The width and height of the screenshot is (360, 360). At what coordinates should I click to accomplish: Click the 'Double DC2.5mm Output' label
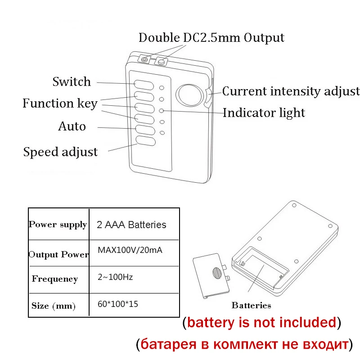pyautogui.click(x=211, y=38)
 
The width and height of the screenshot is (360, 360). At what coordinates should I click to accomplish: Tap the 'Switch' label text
pyautogui.click(x=72, y=82)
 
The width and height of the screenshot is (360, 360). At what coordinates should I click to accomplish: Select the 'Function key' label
pyautogui.click(x=60, y=103)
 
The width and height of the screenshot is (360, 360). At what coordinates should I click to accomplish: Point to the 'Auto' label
pyautogui.click(x=72, y=126)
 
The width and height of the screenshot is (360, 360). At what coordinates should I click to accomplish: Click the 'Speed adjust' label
pyautogui.click(x=60, y=152)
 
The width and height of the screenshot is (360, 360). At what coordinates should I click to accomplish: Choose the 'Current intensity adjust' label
pyautogui.click(x=291, y=91)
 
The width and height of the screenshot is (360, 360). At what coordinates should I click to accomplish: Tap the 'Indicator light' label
pyautogui.click(x=264, y=112)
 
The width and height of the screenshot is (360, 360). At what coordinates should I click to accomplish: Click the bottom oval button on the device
pyautogui.click(x=145, y=141)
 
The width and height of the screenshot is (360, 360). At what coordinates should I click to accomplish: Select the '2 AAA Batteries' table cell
pyautogui.click(x=131, y=225)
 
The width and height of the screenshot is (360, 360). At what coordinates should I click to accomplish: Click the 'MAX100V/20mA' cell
pyautogui.click(x=130, y=250)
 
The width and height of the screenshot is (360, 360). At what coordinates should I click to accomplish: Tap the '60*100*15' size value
pyautogui.click(x=118, y=304)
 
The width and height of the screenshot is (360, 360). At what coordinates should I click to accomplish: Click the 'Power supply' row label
pyautogui.click(x=58, y=225)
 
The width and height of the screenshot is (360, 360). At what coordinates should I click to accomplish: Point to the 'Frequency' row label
pyautogui.click(x=54, y=279)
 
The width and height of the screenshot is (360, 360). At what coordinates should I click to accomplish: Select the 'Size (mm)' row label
pyautogui.click(x=54, y=306)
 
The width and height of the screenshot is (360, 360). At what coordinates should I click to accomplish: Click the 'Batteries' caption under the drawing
pyautogui.click(x=251, y=306)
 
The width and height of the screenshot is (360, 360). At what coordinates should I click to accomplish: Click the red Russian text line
pyautogui.click(x=243, y=345)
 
